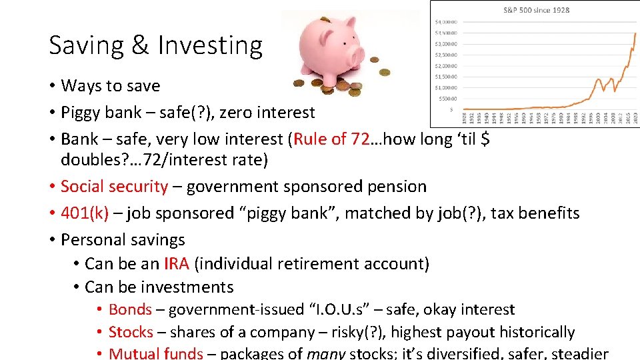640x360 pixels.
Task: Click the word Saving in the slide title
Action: (87, 45)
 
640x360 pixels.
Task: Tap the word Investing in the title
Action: (209, 45)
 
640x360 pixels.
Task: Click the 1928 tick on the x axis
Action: (465, 117)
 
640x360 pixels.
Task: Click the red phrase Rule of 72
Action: (331, 139)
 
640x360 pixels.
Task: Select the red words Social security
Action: (114, 187)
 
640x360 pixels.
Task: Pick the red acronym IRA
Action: (177, 264)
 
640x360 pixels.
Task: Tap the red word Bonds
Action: (130, 310)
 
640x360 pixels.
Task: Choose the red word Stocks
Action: (131, 333)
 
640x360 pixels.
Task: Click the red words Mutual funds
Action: (155, 353)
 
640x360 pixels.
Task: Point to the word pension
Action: (398, 187)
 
